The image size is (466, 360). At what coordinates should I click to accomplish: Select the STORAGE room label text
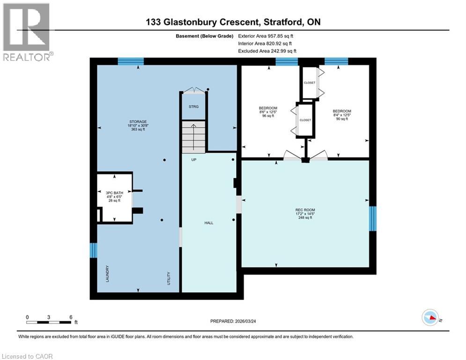coord(138,125)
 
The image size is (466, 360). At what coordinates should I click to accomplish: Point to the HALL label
coord(209,223)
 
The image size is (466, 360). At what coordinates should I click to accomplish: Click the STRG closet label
coord(193,107)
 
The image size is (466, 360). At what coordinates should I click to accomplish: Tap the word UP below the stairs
coord(193,160)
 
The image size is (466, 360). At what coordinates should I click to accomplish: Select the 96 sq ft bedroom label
coord(268,112)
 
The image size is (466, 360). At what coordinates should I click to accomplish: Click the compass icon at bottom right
coord(430,318)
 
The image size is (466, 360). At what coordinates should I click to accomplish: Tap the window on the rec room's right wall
coord(373,218)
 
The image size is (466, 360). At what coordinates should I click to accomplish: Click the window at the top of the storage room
coord(130,61)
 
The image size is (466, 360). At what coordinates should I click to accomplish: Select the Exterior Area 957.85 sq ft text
coord(266,36)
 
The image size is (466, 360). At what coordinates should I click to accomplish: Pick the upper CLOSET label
coord(309,83)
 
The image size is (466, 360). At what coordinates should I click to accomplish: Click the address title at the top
coord(233,22)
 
